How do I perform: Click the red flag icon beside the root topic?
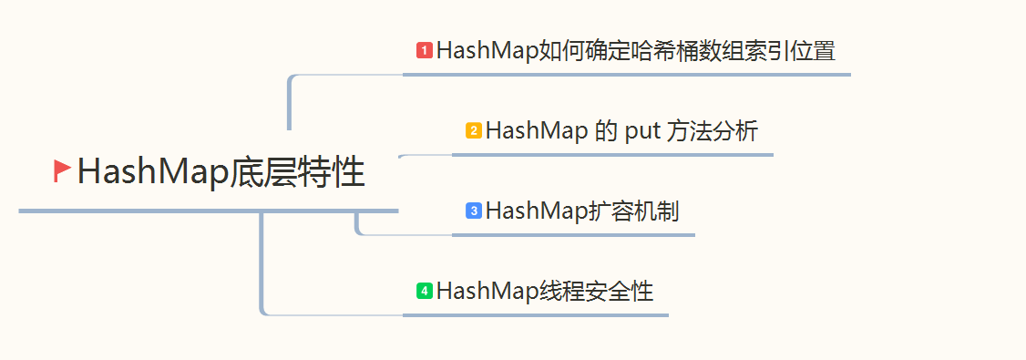62,170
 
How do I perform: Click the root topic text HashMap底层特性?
221,172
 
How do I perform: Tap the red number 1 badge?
424,50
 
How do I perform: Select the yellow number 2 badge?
474,130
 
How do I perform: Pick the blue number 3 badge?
474,211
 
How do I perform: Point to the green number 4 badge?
424,291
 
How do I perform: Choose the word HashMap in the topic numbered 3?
531,211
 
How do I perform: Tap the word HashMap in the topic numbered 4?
481,292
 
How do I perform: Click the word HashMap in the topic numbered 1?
481,50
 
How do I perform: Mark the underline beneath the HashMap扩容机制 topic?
574,234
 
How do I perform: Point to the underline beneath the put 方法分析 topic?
612,155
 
